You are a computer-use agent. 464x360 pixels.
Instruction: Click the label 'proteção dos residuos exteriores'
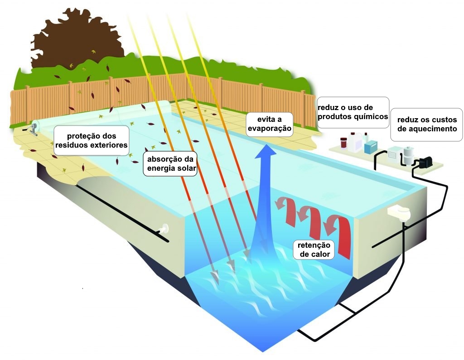click(91, 140)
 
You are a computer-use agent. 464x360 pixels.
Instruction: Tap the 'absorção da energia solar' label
click(170, 164)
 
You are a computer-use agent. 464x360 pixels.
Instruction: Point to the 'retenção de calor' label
click(315, 250)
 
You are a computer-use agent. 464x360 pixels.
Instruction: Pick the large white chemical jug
click(357, 140)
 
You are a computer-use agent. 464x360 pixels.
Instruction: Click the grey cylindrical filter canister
click(409, 155)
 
